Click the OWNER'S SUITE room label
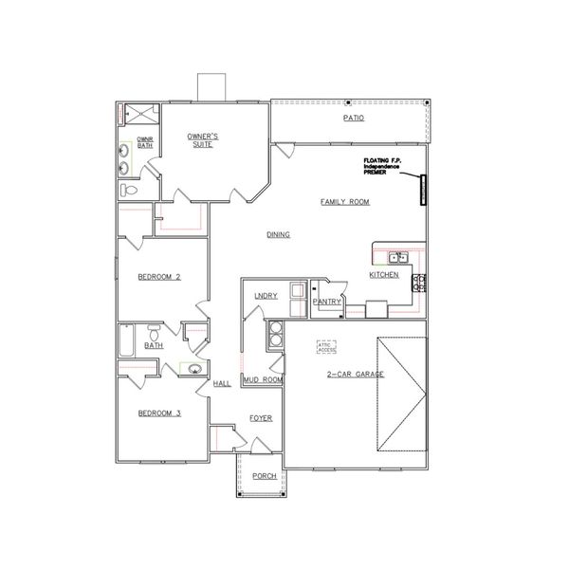point(202,142)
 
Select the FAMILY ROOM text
point(344,202)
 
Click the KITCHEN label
point(384,276)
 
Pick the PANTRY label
point(326,302)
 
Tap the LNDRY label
point(266,296)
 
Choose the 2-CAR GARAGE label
point(356,376)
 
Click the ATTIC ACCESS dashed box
point(327,348)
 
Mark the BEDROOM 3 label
point(158,413)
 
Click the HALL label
point(222,383)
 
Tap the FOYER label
point(261,417)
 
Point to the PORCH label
point(265,476)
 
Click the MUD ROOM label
point(263,379)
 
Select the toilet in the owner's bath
point(131,190)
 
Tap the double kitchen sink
point(398,256)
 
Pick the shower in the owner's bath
point(138,116)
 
